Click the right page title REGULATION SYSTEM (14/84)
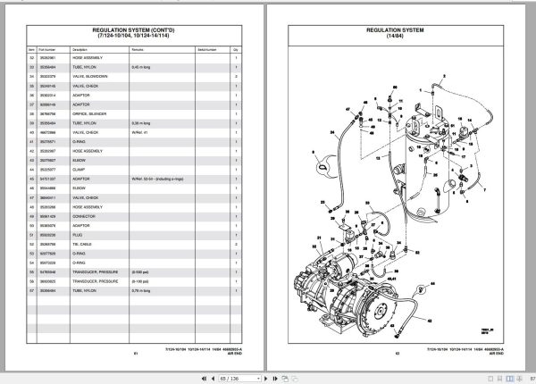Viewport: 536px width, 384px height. click(x=398, y=29)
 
